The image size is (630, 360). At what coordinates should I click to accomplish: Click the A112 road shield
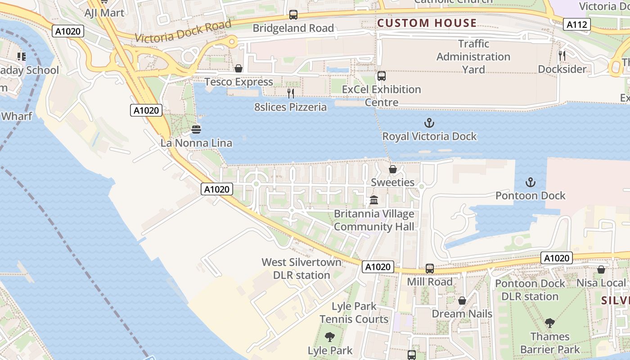577,25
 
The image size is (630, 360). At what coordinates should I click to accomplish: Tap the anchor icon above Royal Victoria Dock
429,123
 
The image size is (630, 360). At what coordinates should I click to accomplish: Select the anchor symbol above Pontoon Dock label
531,182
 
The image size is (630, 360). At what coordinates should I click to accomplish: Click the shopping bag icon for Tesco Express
238,68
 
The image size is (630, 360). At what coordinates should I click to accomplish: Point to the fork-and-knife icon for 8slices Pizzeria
291,94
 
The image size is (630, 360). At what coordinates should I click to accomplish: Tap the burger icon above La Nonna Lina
196,130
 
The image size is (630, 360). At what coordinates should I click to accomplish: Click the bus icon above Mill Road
430,269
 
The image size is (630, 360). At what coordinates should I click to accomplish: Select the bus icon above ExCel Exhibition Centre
382,76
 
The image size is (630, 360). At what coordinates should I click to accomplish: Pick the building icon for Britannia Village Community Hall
374,200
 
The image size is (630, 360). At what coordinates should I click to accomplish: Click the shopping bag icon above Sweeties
393,169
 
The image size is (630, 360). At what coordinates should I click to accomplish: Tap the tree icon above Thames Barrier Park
549,323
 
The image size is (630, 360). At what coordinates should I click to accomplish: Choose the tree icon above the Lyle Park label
330,337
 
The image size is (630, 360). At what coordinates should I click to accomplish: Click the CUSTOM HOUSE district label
427,23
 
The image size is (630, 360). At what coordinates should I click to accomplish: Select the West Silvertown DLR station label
296,269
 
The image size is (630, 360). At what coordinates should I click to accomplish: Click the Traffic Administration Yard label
473,57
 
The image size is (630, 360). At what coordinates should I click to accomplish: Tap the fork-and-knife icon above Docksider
562,56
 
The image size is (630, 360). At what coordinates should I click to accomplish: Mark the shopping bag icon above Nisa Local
601,270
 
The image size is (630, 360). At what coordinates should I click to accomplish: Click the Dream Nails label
462,314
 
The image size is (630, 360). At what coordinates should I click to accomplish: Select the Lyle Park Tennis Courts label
354,313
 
